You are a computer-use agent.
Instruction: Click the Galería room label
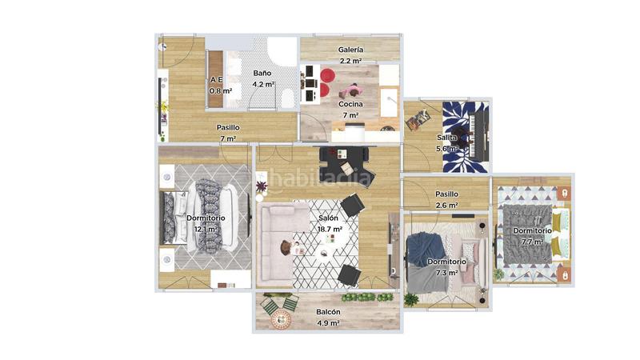point(350,50)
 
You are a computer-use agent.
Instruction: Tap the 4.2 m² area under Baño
point(263,83)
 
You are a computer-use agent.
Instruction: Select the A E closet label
point(216,80)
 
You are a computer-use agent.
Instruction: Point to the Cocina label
point(350,104)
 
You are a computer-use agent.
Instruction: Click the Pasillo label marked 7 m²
point(228,127)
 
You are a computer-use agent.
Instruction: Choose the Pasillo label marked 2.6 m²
point(446,194)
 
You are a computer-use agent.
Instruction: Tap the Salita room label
point(446,138)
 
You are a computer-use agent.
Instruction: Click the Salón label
point(328,218)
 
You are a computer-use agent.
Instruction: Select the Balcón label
point(328,312)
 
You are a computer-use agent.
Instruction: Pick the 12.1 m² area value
point(206,229)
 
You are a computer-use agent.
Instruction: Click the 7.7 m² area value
point(533,242)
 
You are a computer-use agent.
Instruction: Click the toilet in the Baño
point(286,96)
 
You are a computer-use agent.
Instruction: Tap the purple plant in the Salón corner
point(262,187)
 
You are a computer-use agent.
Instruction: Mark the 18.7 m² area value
point(330,229)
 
